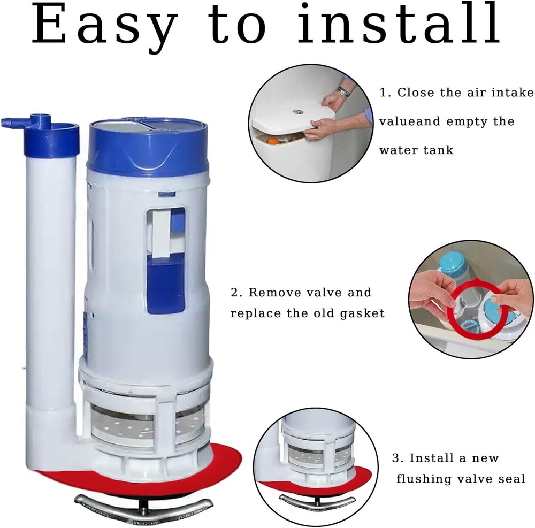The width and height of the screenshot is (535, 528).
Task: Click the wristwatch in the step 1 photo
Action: tap(343, 92)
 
